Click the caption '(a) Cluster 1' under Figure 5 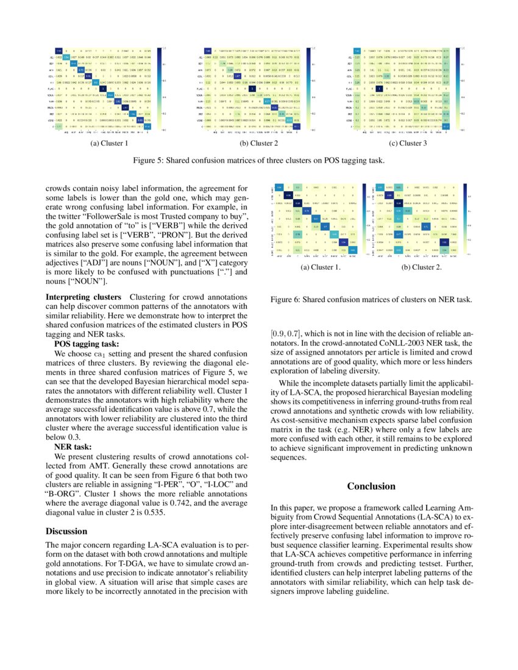(109, 144)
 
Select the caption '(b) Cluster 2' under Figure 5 (259, 144)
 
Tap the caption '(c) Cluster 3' (409, 144)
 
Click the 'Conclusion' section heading (371, 486)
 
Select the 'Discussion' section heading (67, 531)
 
